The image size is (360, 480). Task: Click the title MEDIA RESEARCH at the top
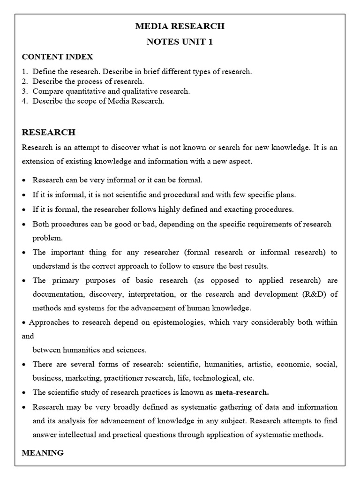pyautogui.click(x=180, y=26)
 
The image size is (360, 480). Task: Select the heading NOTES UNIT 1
pyautogui.click(x=180, y=42)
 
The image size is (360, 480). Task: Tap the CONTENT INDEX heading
pyautogui.click(x=57, y=57)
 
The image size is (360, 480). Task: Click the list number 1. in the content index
pyautogui.click(x=25, y=72)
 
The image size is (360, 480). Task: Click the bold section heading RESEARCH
pyautogui.click(x=48, y=132)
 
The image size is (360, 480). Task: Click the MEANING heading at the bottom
pyautogui.click(x=43, y=453)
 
